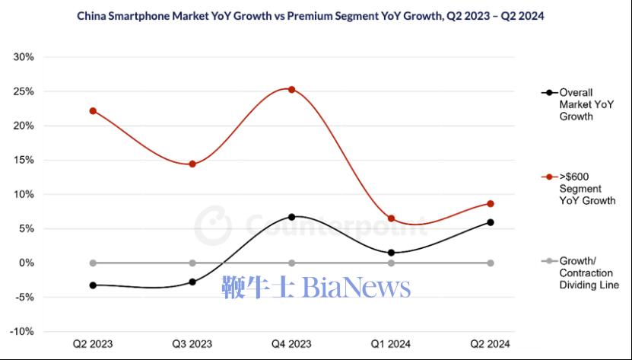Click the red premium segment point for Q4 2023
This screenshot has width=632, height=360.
(x=291, y=89)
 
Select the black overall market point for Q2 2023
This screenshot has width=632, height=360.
(x=93, y=285)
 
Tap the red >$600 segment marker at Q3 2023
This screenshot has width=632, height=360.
(x=192, y=164)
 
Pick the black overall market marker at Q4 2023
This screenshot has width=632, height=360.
(x=291, y=217)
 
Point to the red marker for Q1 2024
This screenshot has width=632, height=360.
(x=391, y=218)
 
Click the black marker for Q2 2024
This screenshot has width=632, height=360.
(x=490, y=222)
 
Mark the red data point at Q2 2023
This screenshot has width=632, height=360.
(x=93, y=110)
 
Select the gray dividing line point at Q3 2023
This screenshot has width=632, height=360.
(x=192, y=263)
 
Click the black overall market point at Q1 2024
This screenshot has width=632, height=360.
(x=391, y=253)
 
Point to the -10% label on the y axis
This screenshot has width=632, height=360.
(x=21, y=331)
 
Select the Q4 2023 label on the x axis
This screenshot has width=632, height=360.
(x=291, y=344)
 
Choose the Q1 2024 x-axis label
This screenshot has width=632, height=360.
(x=391, y=344)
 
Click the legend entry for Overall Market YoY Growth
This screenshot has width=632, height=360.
(x=576, y=104)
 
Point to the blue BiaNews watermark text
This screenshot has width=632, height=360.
(x=316, y=287)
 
